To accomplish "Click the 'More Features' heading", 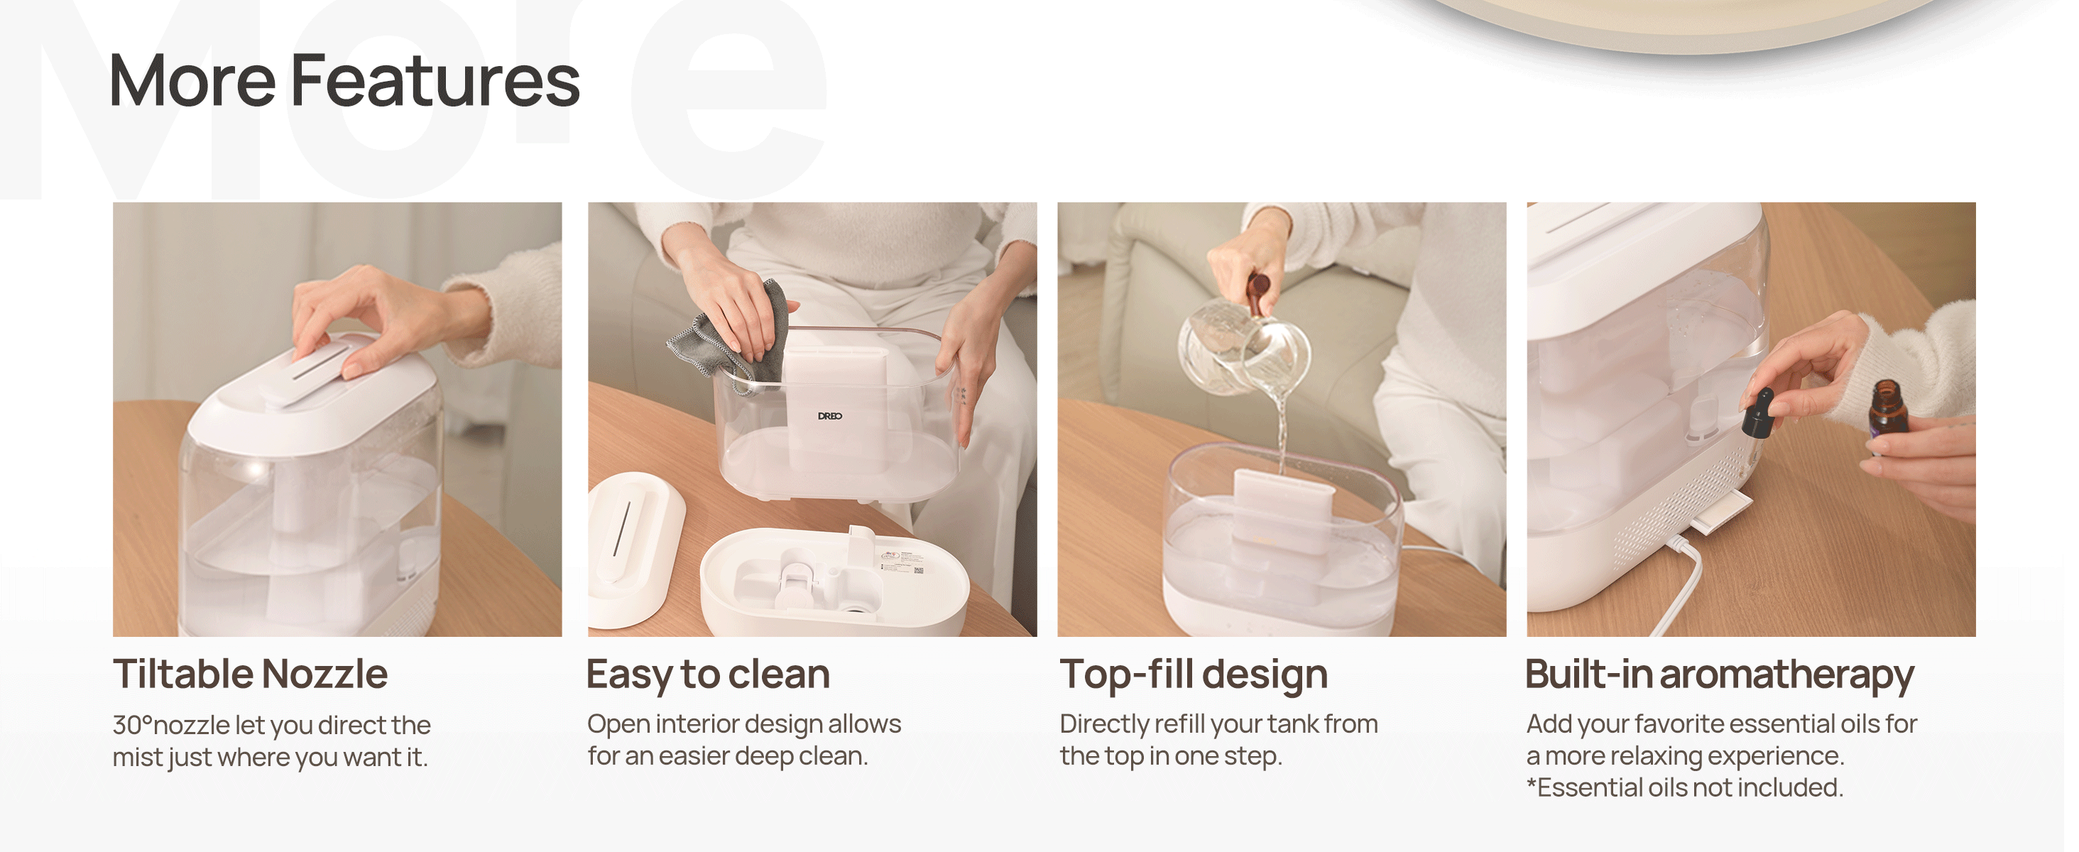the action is click(x=344, y=81).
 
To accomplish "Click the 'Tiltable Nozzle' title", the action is click(x=250, y=674).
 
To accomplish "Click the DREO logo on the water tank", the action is click(x=829, y=416).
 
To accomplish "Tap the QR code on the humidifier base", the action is click(x=919, y=570).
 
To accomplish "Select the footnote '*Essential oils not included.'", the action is click(x=1684, y=787).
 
